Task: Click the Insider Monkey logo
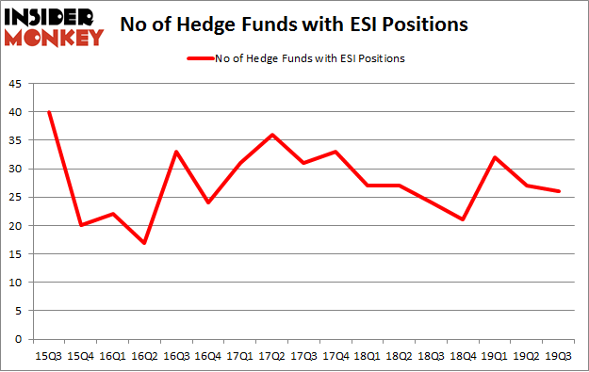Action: (x=53, y=26)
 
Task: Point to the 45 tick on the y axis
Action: (x=19, y=84)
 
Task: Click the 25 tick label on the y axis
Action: (x=19, y=198)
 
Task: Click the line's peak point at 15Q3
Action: (x=48, y=112)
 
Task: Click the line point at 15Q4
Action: (x=80, y=225)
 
